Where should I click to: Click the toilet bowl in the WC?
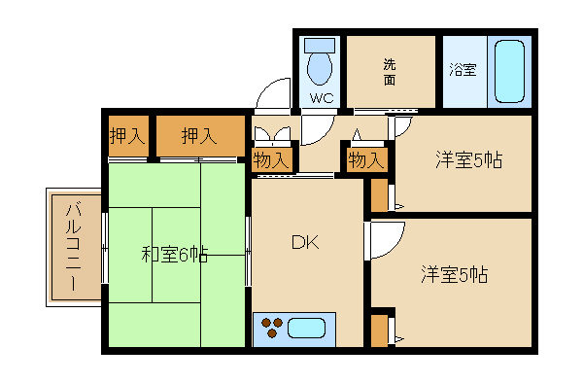[320, 68]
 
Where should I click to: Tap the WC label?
[322, 98]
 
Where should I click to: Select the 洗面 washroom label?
[390, 72]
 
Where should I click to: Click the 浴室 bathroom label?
[463, 70]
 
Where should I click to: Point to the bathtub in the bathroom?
[510, 71]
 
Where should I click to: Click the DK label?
[305, 242]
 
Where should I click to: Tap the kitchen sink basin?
[306, 329]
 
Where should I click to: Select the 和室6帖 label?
[174, 255]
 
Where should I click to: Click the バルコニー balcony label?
[73, 246]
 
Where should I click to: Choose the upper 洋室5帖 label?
[468, 159]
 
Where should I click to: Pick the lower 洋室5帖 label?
[454, 275]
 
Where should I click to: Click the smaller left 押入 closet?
[128, 136]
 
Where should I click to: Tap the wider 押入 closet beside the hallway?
[200, 136]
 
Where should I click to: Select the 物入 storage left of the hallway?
[271, 160]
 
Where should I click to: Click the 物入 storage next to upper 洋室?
[366, 160]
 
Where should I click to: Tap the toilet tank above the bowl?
[320, 45]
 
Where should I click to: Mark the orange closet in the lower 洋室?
[379, 331]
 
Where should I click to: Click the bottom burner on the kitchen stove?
[272, 333]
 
